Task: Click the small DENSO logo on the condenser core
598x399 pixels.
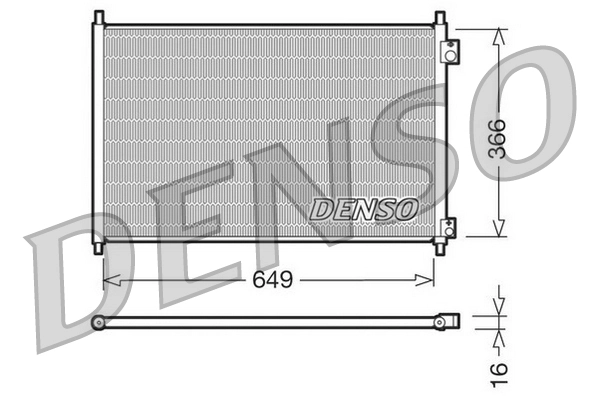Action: tap(363, 209)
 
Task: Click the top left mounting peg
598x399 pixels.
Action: tap(98, 17)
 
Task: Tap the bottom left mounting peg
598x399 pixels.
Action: tap(98, 246)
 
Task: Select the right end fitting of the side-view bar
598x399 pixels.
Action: tap(448, 322)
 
